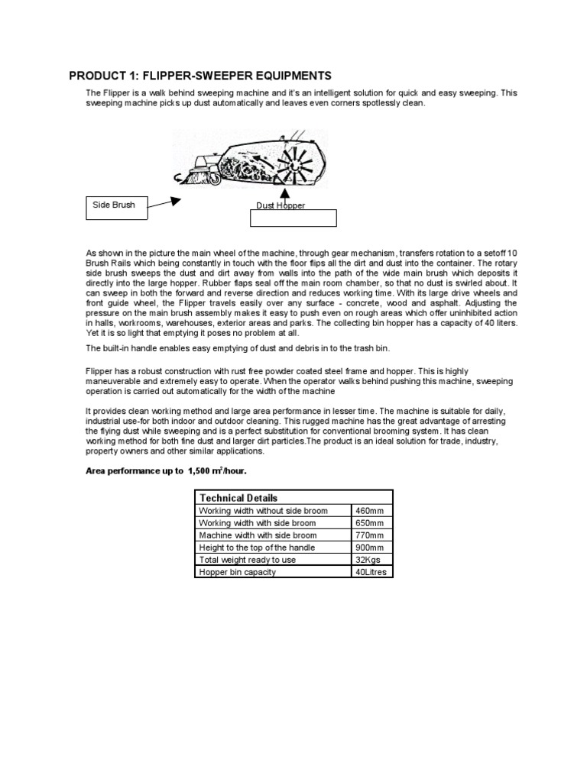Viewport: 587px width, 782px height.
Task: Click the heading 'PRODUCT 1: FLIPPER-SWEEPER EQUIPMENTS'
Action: tap(200, 76)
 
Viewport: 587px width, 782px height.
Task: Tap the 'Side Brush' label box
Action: tap(115, 207)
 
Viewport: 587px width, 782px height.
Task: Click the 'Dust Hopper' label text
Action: tap(281, 206)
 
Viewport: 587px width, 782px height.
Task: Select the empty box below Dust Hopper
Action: tap(293, 218)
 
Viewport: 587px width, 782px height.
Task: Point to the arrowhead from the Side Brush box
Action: tap(176, 201)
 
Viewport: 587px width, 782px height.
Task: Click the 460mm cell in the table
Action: tap(371, 510)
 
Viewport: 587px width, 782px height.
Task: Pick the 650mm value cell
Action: tap(371, 522)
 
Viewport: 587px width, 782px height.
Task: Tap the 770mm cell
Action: tap(371, 535)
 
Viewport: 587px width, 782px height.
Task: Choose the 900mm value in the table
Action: tap(371, 547)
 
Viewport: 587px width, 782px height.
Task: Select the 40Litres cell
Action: tap(371, 571)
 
